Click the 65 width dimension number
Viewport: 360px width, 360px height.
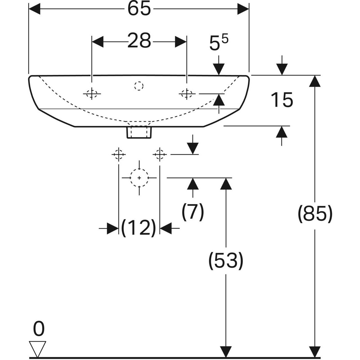(x=139, y=9)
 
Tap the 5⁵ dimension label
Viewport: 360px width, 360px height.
(x=218, y=44)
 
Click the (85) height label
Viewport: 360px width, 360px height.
(x=315, y=214)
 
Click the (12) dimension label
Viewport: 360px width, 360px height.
(x=139, y=228)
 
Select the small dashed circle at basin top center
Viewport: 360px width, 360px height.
(x=139, y=86)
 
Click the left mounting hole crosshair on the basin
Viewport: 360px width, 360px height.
(x=92, y=94)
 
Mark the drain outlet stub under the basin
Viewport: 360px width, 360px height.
(x=139, y=132)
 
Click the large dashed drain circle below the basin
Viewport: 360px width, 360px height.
(x=139, y=178)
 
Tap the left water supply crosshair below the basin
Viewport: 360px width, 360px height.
(x=118, y=154)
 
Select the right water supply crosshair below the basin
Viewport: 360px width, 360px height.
(x=160, y=154)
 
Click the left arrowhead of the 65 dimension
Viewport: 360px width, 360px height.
(x=34, y=9)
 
